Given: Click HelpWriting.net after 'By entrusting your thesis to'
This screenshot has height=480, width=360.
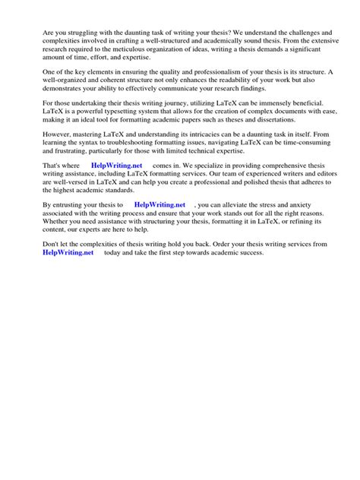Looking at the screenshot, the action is click(159, 205).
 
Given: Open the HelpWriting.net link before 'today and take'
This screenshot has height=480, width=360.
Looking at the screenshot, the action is click(68, 253).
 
